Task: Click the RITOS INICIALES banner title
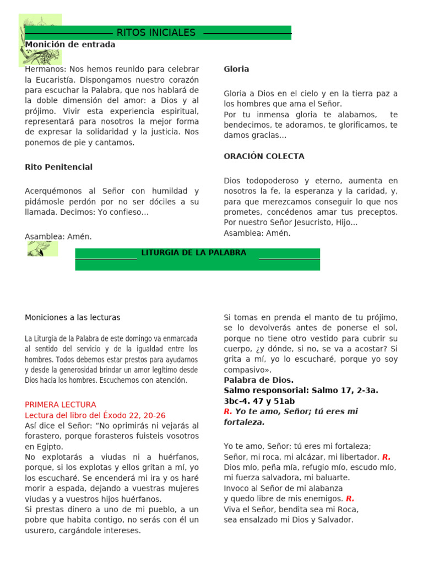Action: coord(156,33)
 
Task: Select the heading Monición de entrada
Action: coord(70,45)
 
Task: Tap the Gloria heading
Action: coord(236,69)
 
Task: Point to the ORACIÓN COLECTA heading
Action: coord(264,156)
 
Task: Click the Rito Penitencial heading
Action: coord(58,167)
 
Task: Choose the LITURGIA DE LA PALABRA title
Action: coord(194,253)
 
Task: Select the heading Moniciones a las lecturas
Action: coord(72,318)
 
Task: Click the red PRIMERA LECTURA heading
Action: coord(61,405)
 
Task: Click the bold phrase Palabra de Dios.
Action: coord(258,380)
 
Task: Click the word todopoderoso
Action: coord(268,181)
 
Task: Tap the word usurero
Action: coord(39,531)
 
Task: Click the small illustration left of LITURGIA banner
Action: coord(41,248)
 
